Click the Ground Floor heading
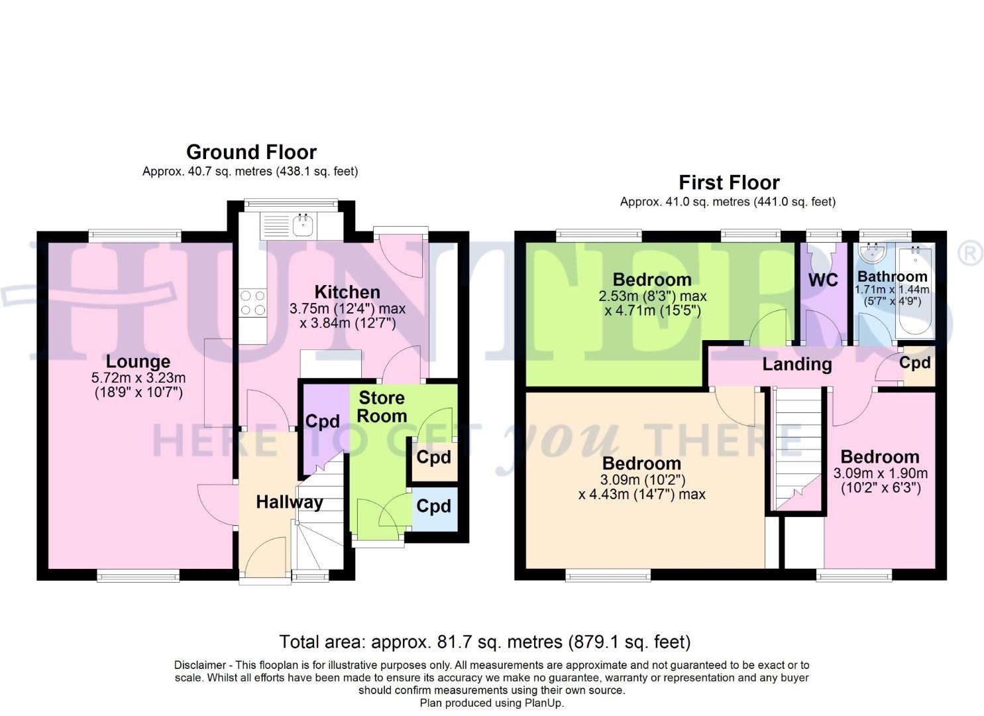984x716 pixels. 251,152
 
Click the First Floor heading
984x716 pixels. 729,182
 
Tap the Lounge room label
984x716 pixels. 138,361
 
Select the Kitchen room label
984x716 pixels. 347,292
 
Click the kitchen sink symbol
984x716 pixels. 303,225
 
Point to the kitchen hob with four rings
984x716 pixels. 252,303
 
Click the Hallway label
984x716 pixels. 290,502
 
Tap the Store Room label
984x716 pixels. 382,406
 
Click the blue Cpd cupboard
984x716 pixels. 434,507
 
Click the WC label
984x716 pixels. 823,280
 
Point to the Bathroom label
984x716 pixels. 892,276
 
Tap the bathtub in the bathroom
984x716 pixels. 916,292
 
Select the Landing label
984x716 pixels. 796,364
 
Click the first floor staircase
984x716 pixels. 797,447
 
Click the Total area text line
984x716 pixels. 484,642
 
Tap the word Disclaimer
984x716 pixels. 197,665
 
